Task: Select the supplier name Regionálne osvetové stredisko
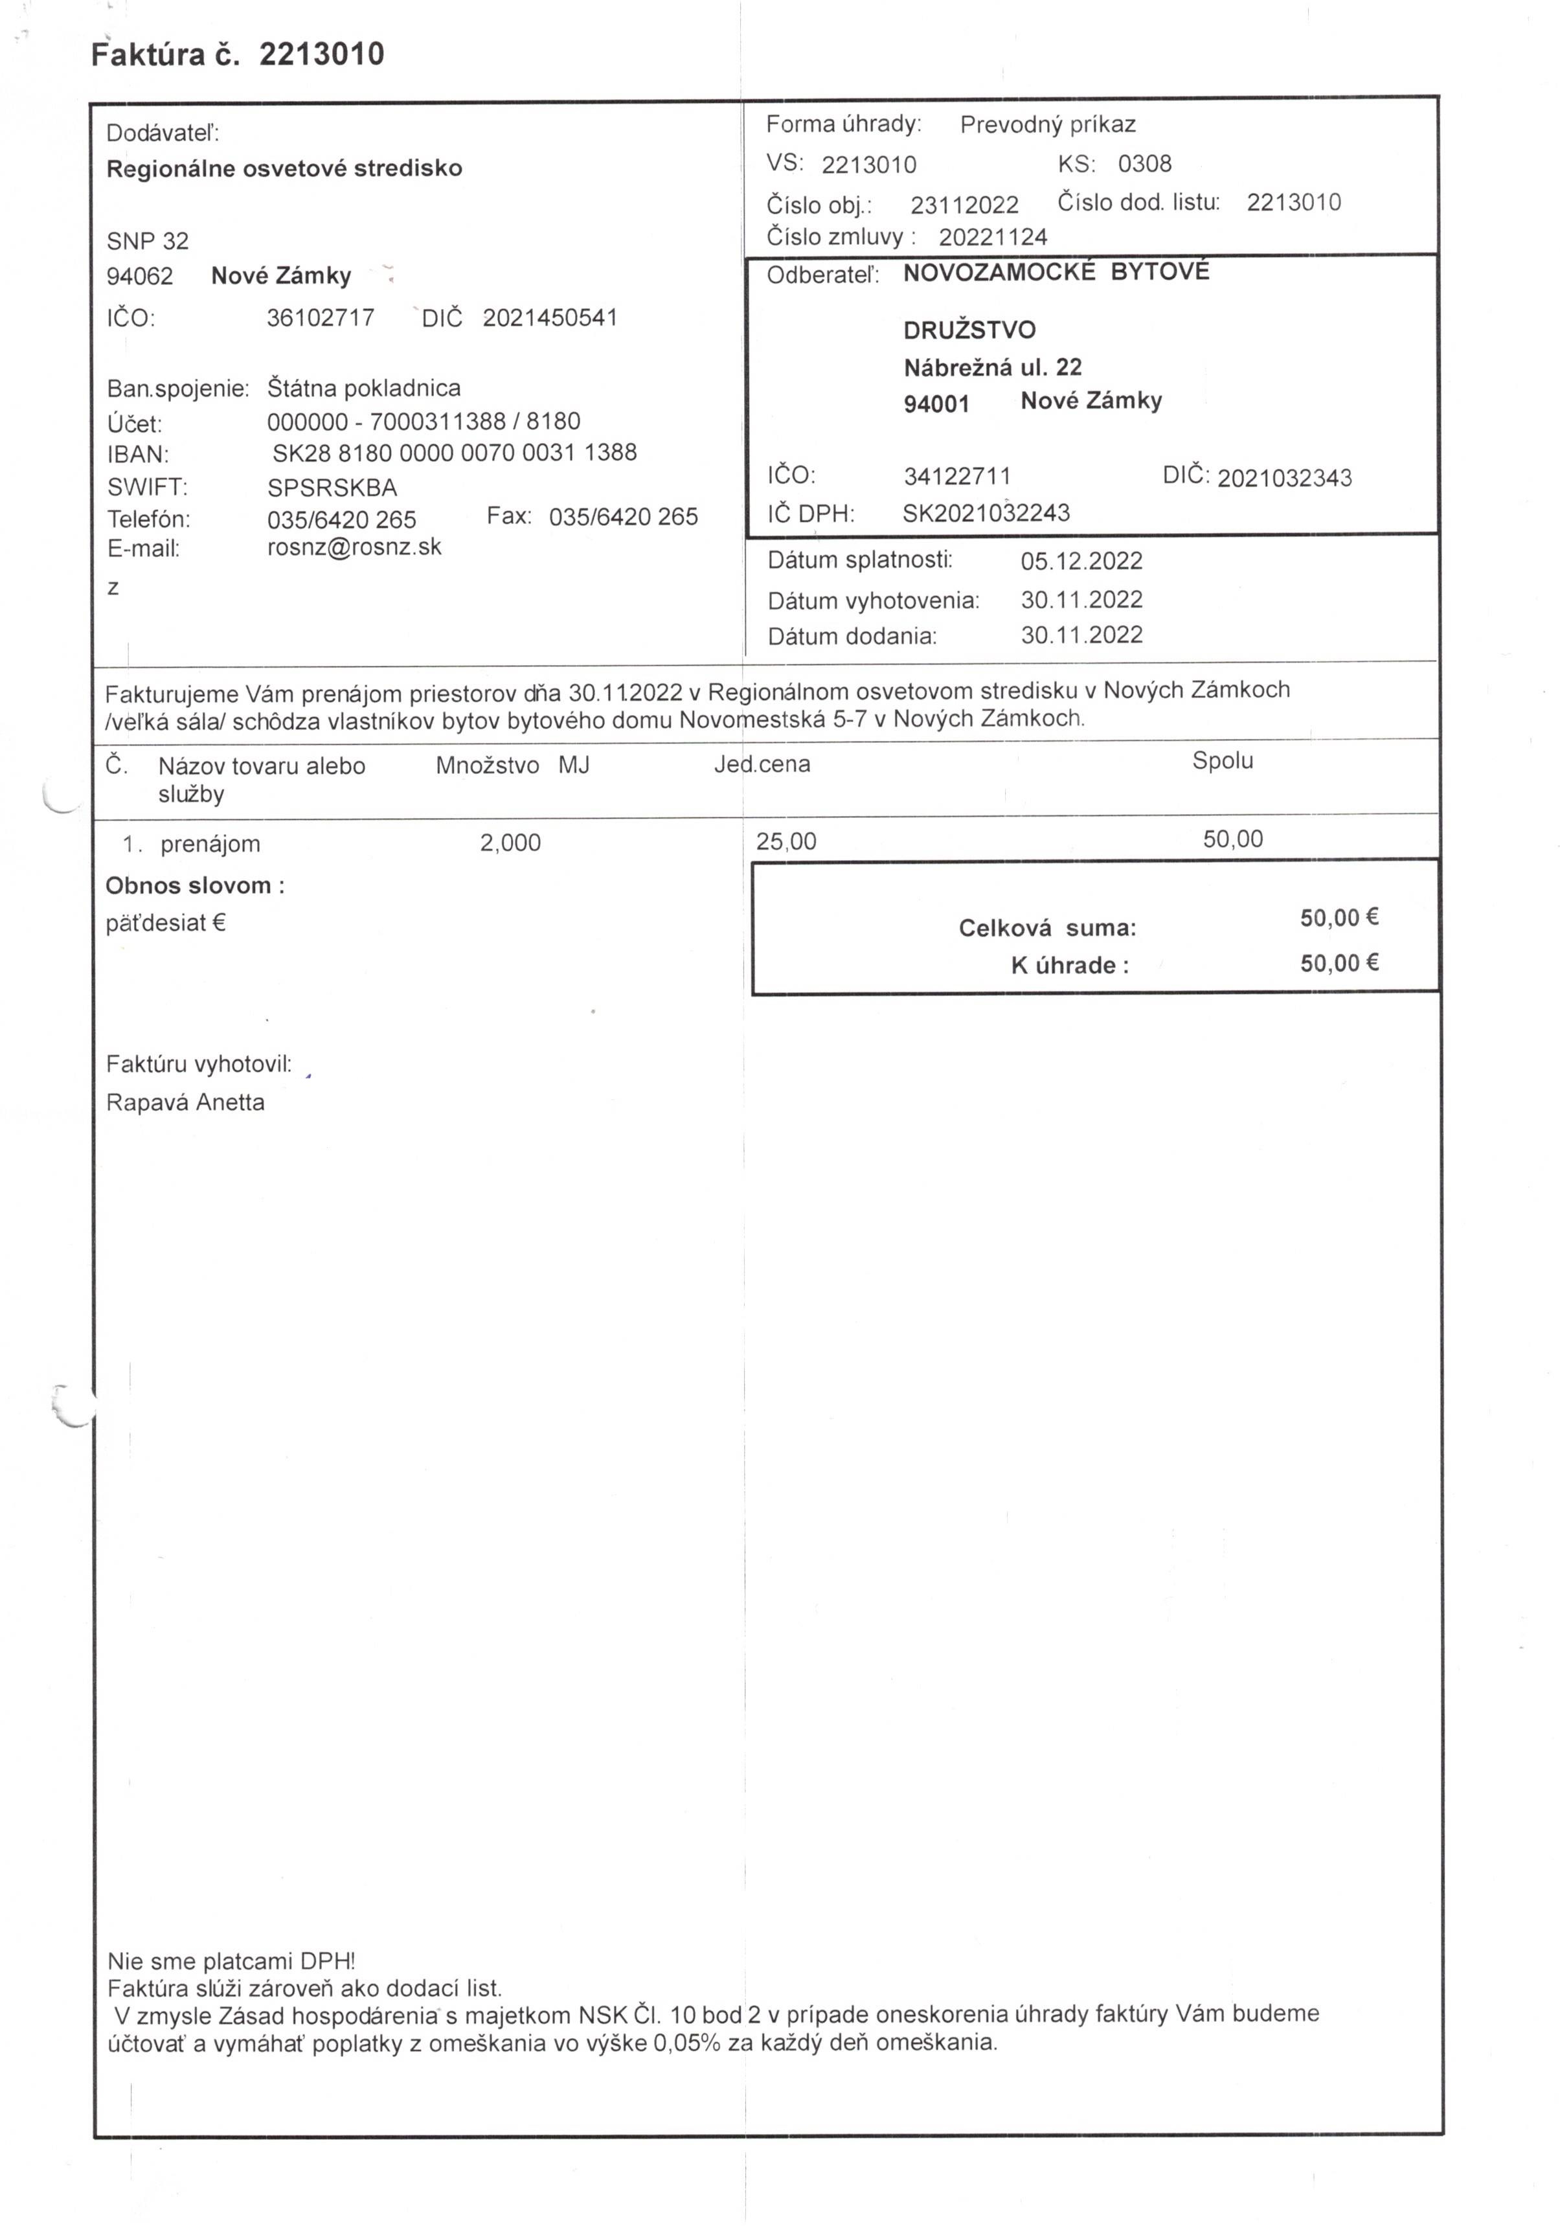coord(284,168)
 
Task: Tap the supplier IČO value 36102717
coord(320,318)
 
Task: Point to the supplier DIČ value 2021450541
coord(550,318)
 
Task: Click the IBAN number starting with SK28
coord(454,453)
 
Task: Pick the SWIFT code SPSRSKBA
coord(332,488)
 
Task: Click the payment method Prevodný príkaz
coord(1047,125)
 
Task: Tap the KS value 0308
coord(1144,164)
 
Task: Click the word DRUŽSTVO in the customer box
coord(969,330)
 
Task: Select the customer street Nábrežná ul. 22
coord(992,367)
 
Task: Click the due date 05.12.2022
coord(1081,562)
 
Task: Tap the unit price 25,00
coord(786,841)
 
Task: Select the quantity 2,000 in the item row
coord(510,843)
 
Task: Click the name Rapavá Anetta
coord(185,1102)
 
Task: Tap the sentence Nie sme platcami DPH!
coord(231,1960)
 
